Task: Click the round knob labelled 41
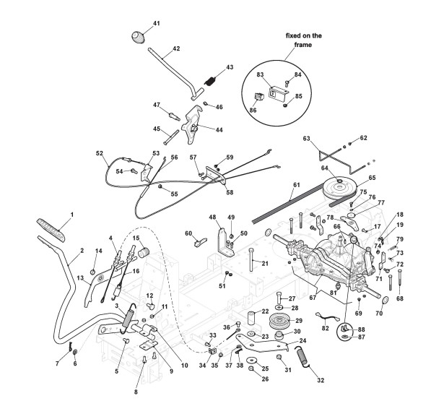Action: point(138,37)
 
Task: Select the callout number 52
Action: point(99,153)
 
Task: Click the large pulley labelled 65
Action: point(340,189)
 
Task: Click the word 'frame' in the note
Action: point(303,45)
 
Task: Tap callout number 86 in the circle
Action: point(253,110)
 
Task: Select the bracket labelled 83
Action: point(279,92)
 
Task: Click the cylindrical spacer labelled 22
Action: point(252,319)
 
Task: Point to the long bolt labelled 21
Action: point(251,259)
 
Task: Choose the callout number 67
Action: point(313,298)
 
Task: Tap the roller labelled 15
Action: point(143,252)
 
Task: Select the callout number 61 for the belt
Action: point(296,185)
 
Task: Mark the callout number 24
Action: point(302,340)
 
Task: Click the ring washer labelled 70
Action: point(385,301)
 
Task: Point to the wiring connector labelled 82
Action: point(324,318)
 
